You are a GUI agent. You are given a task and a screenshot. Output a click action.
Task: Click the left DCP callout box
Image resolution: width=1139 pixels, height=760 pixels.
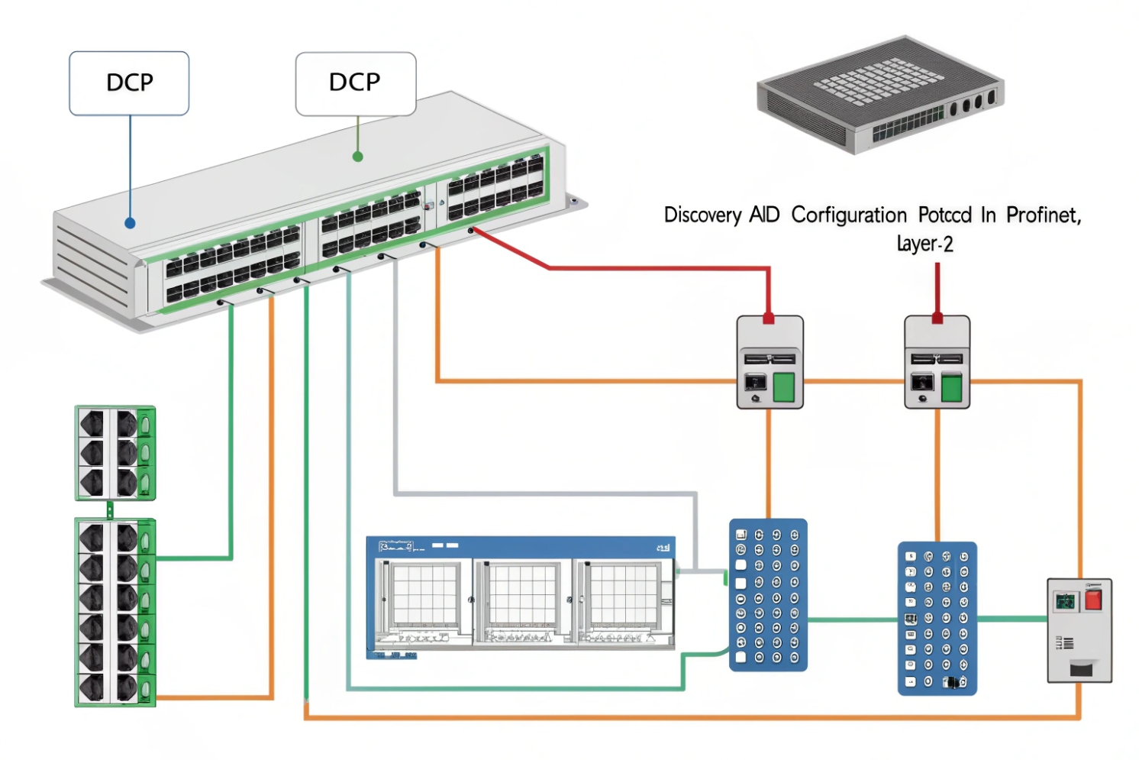click(x=129, y=83)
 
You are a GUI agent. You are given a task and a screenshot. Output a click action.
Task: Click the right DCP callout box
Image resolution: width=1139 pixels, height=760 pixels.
click(x=356, y=83)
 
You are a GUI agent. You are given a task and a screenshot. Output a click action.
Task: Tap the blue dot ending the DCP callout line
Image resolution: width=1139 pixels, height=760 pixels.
click(x=130, y=223)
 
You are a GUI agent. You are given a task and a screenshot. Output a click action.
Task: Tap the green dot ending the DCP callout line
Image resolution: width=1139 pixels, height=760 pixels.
click(x=357, y=157)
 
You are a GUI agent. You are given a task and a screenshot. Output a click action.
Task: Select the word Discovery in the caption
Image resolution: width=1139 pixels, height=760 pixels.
click(x=702, y=215)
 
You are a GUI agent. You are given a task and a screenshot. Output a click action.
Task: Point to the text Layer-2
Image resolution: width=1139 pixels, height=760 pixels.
click(x=924, y=244)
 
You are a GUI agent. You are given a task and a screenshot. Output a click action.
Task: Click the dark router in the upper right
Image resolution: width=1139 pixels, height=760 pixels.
click(x=880, y=95)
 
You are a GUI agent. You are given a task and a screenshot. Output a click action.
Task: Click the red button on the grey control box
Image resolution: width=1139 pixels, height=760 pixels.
click(x=1093, y=599)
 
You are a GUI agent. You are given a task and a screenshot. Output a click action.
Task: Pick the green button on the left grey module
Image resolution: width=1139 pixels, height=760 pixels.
click(x=784, y=386)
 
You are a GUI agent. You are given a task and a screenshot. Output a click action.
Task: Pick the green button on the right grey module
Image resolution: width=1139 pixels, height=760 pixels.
click(x=951, y=387)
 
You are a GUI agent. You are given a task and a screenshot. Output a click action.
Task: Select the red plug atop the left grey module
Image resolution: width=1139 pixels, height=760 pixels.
click(x=769, y=318)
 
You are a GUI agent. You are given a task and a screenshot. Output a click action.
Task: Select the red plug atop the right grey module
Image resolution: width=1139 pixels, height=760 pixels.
click(x=937, y=318)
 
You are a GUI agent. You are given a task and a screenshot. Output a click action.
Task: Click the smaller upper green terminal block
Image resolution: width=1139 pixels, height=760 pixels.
click(x=115, y=453)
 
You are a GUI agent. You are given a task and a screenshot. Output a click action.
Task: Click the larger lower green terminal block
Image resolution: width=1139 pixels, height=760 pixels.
click(x=115, y=612)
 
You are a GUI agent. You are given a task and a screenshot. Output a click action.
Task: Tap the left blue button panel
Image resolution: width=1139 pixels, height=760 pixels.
click(x=768, y=595)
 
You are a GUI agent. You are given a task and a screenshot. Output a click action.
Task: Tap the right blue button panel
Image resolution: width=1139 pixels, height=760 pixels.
click(x=937, y=618)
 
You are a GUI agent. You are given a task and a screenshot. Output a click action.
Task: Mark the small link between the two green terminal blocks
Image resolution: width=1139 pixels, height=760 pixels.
click(x=110, y=509)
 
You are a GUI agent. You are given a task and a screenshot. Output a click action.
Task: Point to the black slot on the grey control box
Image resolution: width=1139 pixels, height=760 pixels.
click(x=1080, y=669)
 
